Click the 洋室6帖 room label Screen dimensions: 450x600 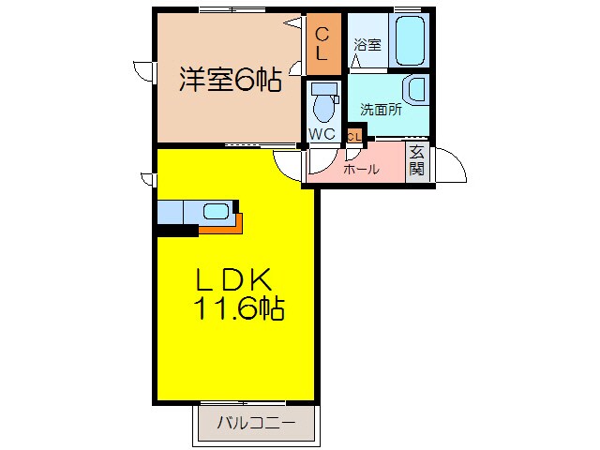pyautogui.click(x=231, y=82)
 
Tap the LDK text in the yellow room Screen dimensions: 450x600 pyautogui.click(x=234, y=278)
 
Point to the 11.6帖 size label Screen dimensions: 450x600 pyautogui.click(x=240, y=307)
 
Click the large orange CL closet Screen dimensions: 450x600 pyautogui.click(x=322, y=45)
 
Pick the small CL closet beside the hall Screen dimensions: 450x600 pyautogui.click(x=354, y=136)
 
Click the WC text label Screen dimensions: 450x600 pyautogui.click(x=322, y=134)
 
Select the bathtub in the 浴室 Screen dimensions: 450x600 pyautogui.click(x=410, y=38)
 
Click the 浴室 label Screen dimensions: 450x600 pyautogui.click(x=367, y=44)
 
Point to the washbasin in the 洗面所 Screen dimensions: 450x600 pyautogui.click(x=414, y=91)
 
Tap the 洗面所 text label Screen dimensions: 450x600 pyautogui.click(x=382, y=110)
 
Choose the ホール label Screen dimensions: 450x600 pyautogui.click(x=361, y=170)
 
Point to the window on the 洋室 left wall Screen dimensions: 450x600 pyautogui.click(x=143, y=72)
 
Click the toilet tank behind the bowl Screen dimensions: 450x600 pyautogui.click(x=323, y=89)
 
